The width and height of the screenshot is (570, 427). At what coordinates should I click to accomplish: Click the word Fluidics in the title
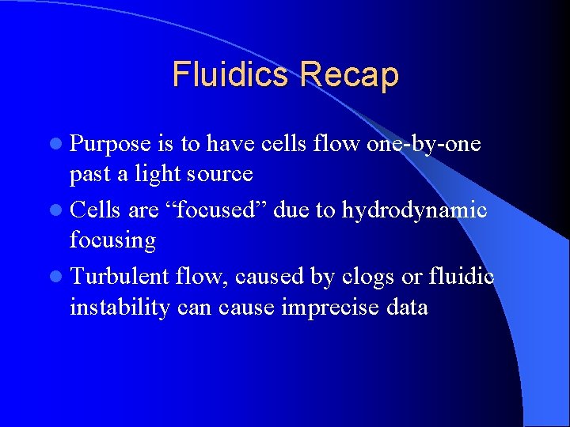(231, 75)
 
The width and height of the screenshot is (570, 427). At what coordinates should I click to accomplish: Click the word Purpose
(110, 145)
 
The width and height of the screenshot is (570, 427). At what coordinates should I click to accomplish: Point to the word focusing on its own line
(112, 239)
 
